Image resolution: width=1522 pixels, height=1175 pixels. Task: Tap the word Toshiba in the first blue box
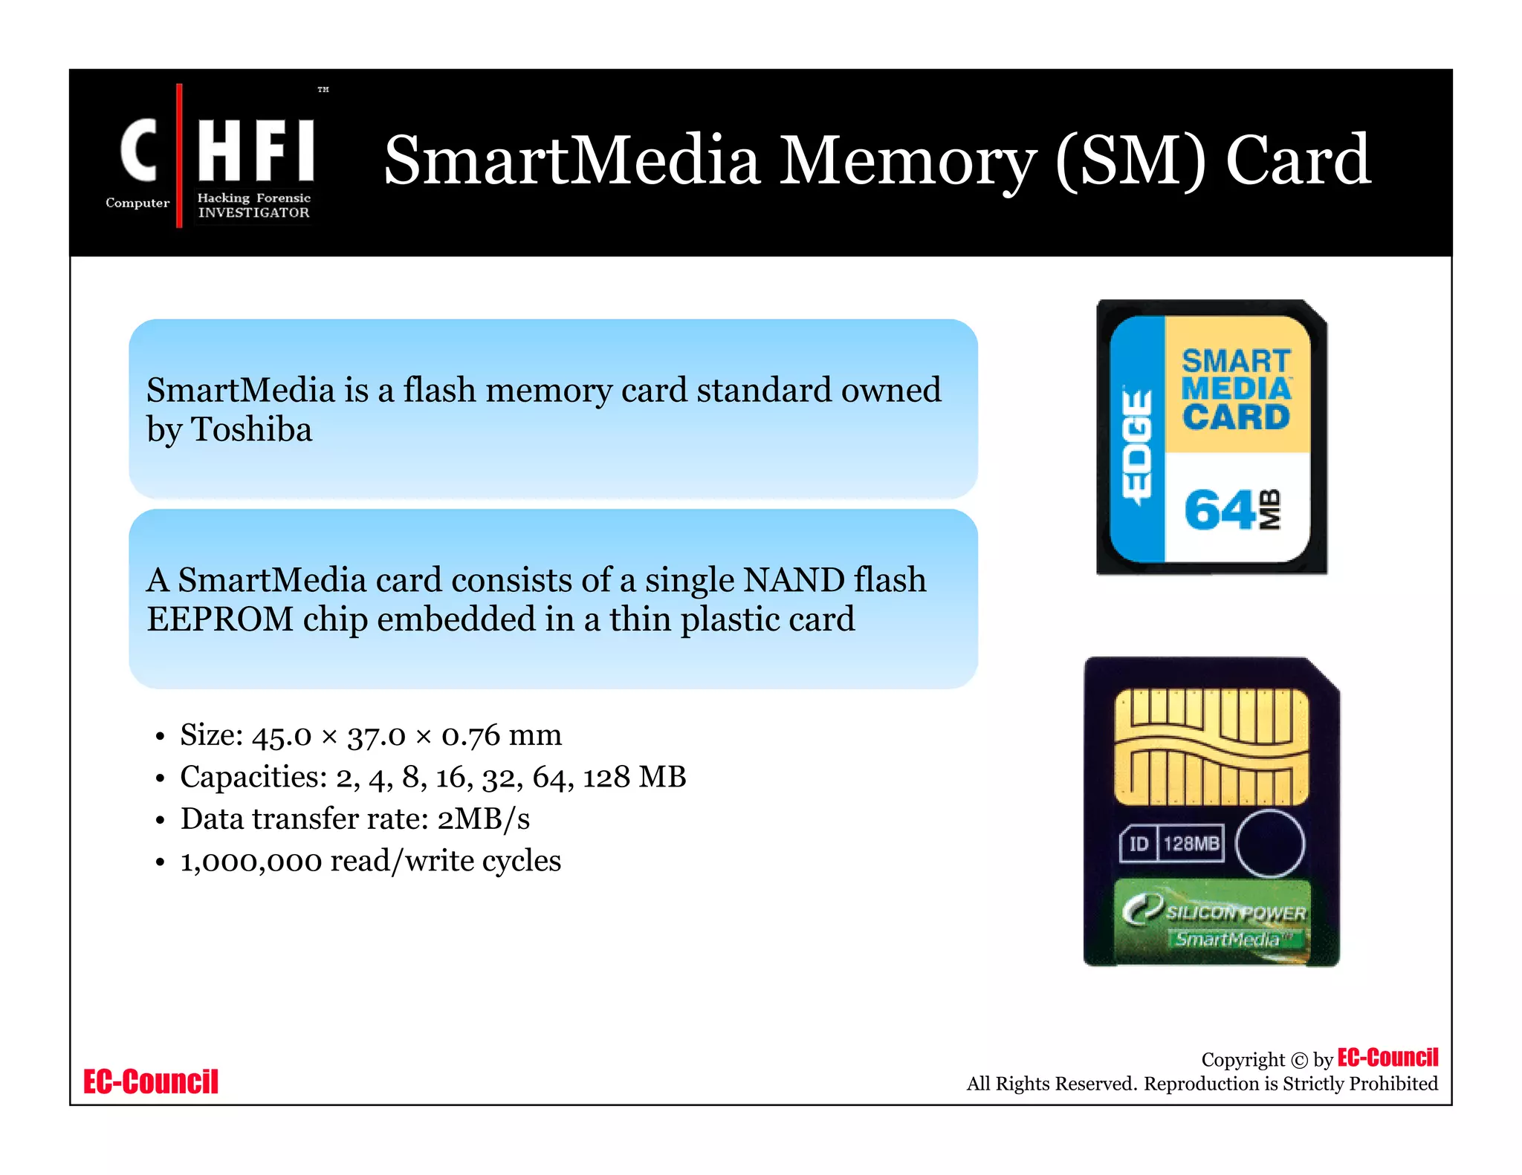click(252, 429)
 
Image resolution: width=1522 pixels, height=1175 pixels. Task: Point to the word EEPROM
click(220, 619)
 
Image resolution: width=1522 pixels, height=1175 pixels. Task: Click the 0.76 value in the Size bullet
click(470, 735)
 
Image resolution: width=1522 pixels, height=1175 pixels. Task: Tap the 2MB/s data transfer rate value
click(483, 819)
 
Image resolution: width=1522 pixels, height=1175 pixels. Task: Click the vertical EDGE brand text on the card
click(1136, 445)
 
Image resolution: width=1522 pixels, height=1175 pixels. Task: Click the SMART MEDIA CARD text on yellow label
click(1237, 389)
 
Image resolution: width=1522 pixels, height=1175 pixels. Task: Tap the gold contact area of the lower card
click(1211, 746)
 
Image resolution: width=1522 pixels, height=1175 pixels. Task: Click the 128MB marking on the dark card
click(1191, 844)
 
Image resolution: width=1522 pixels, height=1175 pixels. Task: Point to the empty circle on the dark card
click(1270, 844)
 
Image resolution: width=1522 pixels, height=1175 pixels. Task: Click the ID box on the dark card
click(1138, 844)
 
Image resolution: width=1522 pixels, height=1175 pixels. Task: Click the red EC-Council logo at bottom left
click(151, 1081)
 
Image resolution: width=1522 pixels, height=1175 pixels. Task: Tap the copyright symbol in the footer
click(1298, 1061)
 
